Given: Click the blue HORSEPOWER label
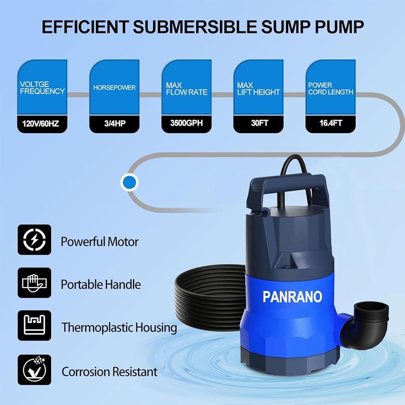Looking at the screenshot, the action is (114, 87).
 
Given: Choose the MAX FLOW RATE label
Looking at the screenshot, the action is (186, 89).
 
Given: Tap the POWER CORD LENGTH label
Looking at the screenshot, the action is (330, 89).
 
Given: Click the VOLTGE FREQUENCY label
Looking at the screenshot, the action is (42, 88).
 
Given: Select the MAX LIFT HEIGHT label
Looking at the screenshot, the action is (258, 89).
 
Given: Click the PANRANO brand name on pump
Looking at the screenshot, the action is (292, 296).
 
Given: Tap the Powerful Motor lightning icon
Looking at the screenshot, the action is (34, 240).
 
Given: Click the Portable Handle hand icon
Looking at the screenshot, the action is (34, 282).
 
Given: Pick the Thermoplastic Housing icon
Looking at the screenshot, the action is (34, 325).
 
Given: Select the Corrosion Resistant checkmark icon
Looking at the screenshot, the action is (34, 369).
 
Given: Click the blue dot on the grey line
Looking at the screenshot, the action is (130, 183).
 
